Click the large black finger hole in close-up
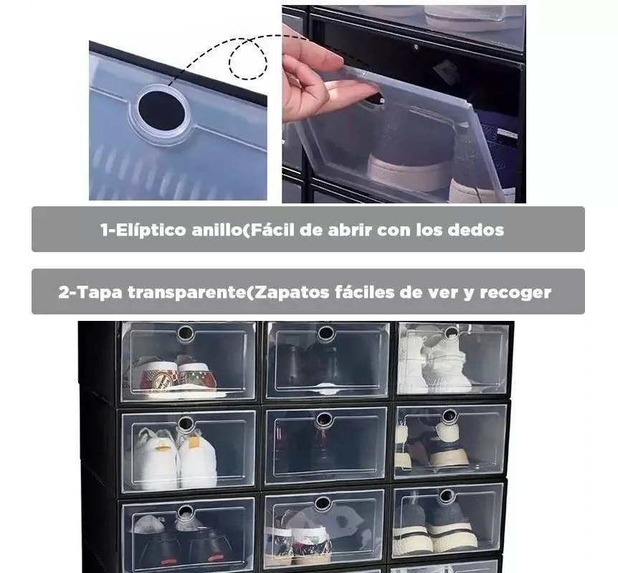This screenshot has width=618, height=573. click(x=161, y=110)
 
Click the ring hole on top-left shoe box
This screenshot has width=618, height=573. click(x=185, y=334)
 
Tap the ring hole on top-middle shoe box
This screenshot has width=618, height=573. click(x=326, y=334)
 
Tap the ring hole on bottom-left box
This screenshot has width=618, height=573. click(x=185, y=511)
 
